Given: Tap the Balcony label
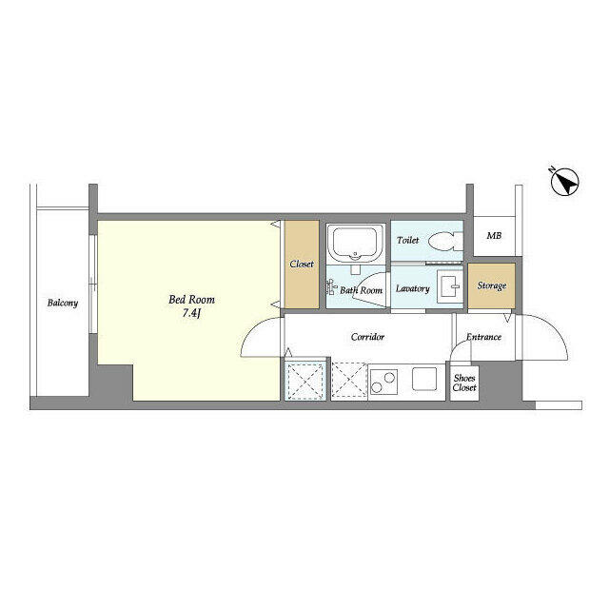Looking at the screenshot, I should (x=63, y=304).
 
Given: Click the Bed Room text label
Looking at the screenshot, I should (x=185, y=299).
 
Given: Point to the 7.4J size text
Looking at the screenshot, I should (x=186, y=315).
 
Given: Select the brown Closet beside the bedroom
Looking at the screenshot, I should (x=301, y=265).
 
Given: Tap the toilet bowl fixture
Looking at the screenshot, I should (x=442, y=242).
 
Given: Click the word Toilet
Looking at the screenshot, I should (x=408, y=241).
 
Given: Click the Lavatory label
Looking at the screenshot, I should (x=413, y=288).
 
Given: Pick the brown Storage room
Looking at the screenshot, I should (x=491, y=285).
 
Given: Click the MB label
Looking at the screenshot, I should (x=494, y=236).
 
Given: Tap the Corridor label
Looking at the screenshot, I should (x=367, y=337).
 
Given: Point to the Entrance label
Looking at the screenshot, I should (x=484, y=337).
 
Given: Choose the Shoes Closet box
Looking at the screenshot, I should (x=464, y=383).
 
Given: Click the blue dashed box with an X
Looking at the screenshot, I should (x=305, y=382).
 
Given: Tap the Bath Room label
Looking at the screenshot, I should (x=362, y=290).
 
